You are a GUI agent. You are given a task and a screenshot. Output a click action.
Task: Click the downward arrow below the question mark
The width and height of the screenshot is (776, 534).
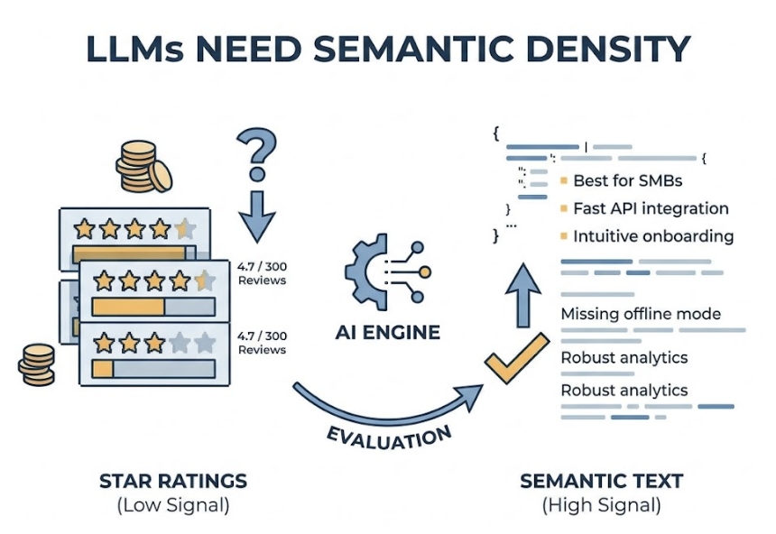(x=257, y=215)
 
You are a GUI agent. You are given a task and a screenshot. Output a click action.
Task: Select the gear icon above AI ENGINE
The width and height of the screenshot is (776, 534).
(x=372, y=272)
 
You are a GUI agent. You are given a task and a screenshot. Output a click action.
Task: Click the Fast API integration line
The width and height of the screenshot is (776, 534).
(x=651, y=208)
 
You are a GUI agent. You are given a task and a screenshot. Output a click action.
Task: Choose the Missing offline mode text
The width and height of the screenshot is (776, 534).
(x=641, y=314)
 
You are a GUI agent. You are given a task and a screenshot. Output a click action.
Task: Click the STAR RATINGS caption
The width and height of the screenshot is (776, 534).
(x=173, y=481)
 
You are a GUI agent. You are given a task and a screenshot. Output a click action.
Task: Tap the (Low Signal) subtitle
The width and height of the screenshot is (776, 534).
(x=173, y=505)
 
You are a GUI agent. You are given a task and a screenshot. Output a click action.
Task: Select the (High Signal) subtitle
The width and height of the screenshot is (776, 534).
(x=602, y=505)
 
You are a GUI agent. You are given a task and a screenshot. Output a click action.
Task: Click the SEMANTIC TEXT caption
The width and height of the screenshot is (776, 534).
(x=602, y=481)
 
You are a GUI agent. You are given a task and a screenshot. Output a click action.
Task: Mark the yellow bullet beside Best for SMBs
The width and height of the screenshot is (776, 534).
(x=564, y=181)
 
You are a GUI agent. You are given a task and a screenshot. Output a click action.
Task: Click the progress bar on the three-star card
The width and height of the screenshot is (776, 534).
(x=154, y=368)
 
